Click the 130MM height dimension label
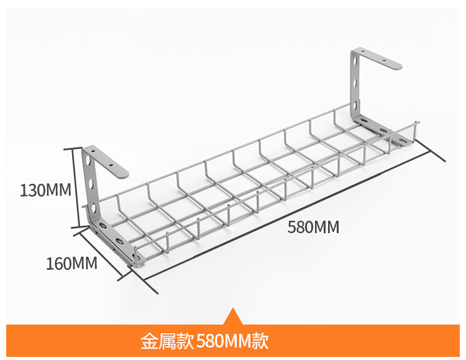point(45,190)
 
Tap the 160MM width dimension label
point(71,264)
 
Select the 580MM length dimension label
point(313,227)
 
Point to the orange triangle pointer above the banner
point(232,316)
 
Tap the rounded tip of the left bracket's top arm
point(124,171)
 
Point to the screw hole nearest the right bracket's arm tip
point(386,61)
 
